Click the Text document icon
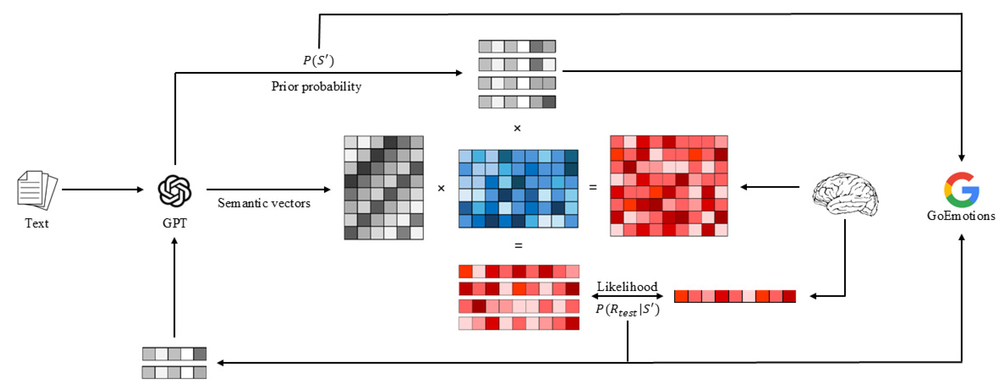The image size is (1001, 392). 37,190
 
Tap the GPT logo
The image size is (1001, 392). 174,191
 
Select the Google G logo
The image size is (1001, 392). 961,190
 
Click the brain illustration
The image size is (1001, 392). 845,194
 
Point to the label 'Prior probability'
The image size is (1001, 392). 316,86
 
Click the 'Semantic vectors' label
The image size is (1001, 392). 264,203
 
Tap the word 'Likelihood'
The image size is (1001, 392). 627,287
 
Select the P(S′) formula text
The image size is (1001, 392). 318,60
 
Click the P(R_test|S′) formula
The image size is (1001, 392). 627,310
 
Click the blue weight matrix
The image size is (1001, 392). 518,189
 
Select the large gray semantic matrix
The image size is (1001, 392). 383,188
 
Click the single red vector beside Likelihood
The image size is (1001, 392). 735,296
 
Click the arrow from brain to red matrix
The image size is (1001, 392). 770,187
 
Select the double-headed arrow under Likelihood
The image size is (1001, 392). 627,296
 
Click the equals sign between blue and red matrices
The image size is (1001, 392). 592,187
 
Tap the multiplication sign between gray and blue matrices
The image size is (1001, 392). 441,188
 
